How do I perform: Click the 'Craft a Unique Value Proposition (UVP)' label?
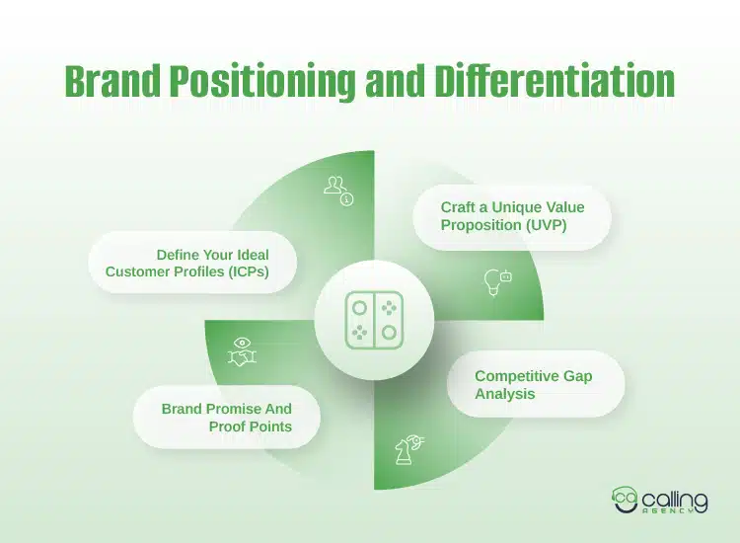[x=512, y=216]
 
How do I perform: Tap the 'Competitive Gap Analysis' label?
[x=535, y=384]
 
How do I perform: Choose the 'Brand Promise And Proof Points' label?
[x=226, y=418]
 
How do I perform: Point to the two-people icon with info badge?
[x=338, y=190]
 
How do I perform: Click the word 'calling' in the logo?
[x=679, y=496]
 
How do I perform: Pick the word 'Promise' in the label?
[x=252, y=408]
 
